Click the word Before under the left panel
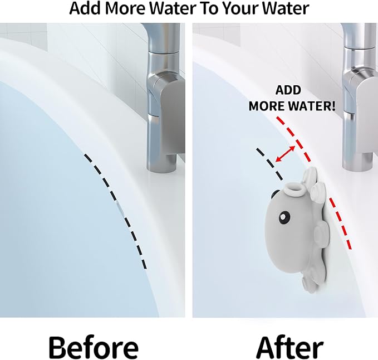tap(93, 347)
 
